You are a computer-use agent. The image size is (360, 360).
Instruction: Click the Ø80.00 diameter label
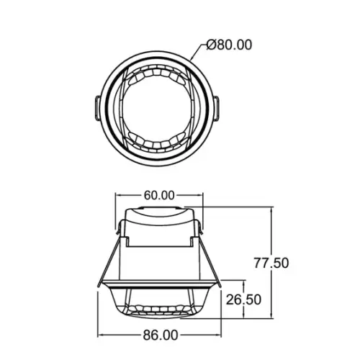(x=229, y=45)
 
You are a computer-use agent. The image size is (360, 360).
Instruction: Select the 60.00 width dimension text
(x=159, y=195)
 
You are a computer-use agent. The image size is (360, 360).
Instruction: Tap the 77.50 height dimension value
(x=271, y=263)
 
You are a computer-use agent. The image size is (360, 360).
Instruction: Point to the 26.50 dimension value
(x=243, y=300)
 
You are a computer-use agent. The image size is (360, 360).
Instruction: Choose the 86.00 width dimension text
(x=161, y=336)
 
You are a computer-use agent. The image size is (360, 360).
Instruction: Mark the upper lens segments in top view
(x=157, y=74)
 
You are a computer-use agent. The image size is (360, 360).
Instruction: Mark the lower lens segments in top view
(x=157, y=144)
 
